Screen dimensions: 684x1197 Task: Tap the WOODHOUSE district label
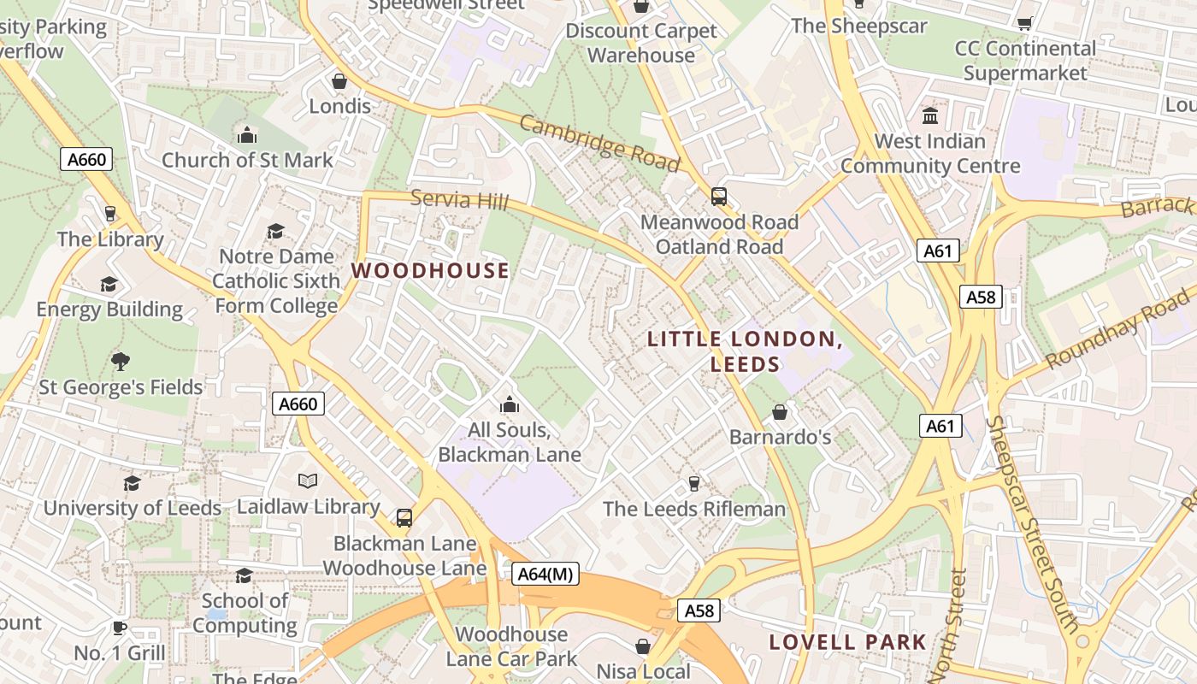[x=430, y=271]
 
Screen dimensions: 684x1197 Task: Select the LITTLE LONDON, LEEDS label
[x=745, y=351]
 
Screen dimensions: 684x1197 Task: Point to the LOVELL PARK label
[x=847, y=642]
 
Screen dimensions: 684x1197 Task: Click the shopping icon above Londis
[x=339, y=81]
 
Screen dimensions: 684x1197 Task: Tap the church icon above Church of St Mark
[x=247, y=135]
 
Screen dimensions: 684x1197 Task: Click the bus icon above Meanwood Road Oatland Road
[x=719, y=197]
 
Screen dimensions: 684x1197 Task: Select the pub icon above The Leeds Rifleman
[x=694, y=484]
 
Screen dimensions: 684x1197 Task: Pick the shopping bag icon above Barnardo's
[x=780, y=412]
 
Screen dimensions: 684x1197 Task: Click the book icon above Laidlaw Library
[x=308, y=481]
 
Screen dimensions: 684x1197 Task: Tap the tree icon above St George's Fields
[x=121, y=362]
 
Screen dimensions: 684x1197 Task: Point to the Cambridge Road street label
[x=599, y=143]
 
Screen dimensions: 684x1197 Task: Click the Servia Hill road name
[x=459, y=200]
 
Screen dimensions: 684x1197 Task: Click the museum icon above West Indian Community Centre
[x=930, y=115]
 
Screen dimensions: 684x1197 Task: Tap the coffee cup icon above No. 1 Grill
[x=120, y=628]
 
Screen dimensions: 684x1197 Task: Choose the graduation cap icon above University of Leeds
[x=132, y=483]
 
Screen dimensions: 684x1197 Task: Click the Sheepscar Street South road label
[x=1033, y=525]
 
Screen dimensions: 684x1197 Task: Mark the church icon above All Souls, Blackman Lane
[x=510, y=404]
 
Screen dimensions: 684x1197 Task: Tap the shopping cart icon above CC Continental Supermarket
[x=1024, y=23]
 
